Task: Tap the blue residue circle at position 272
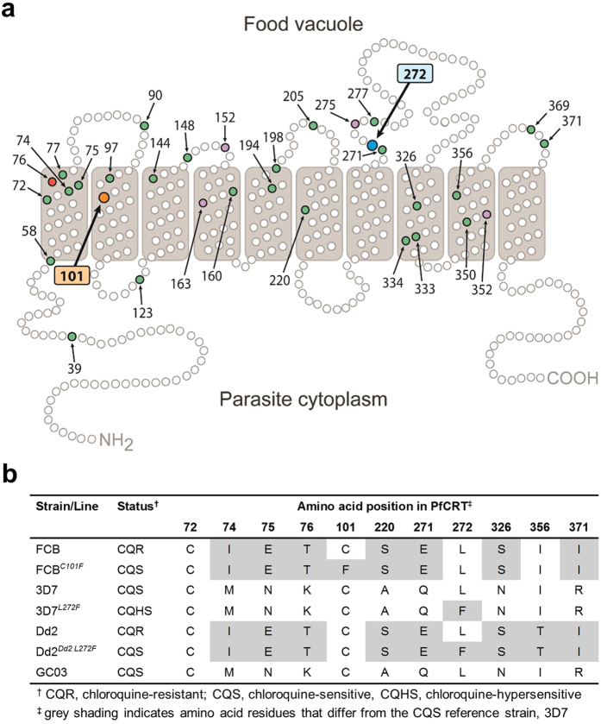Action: pyautogui.click(x=372, y=145)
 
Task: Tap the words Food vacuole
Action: pyautogui.click(x=298, y=23)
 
